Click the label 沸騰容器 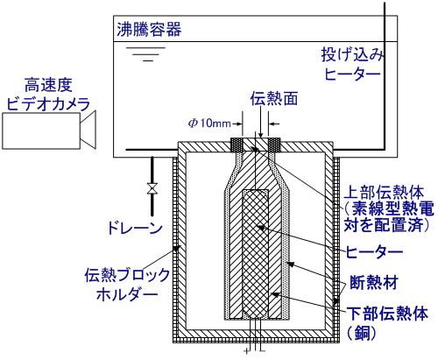click(149, 30)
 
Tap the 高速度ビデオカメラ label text click(48, 94)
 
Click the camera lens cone click(88, 130)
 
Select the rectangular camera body click(41, 131)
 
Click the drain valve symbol click(152, 188)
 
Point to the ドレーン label click(135, 228)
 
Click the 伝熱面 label click(274, 98)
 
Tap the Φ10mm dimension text click(209, 124)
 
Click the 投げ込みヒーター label click(353, 64)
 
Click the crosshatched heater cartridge click(256, 254)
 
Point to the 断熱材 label click(374, 282)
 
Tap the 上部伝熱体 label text click(384, 193)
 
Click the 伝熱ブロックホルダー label click(127, 285)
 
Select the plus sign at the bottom click(247, 351)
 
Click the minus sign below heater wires click(263, 350)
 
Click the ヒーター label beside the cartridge click(374, 251)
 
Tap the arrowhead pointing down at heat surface click(261, 135)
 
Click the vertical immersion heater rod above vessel click(385, 76)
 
